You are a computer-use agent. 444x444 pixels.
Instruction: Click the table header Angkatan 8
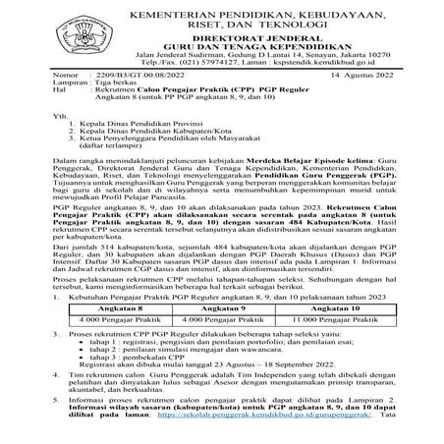point(116,306)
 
